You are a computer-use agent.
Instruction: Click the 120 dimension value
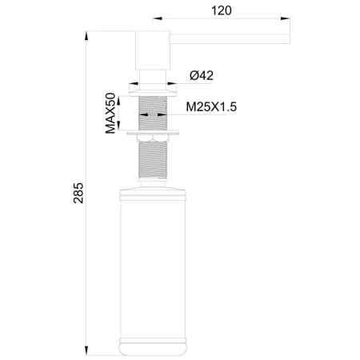(x=222, y=10)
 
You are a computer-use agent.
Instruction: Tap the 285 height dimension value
(x=78, y=193)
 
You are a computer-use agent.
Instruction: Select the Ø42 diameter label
(x=202, y=76)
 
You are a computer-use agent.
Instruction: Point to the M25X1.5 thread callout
(x=211, y=107)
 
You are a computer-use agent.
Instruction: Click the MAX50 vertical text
(x=110, y=113)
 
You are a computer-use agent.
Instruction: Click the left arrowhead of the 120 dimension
(x=158, y=18)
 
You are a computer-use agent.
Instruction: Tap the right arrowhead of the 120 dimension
(x=285, y=18)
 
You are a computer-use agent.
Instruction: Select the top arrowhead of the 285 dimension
(x=86, y=36)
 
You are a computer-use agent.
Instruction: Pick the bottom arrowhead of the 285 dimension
(x=86, y=350)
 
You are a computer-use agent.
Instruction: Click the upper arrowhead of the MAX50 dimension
(x=119, y=101)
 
